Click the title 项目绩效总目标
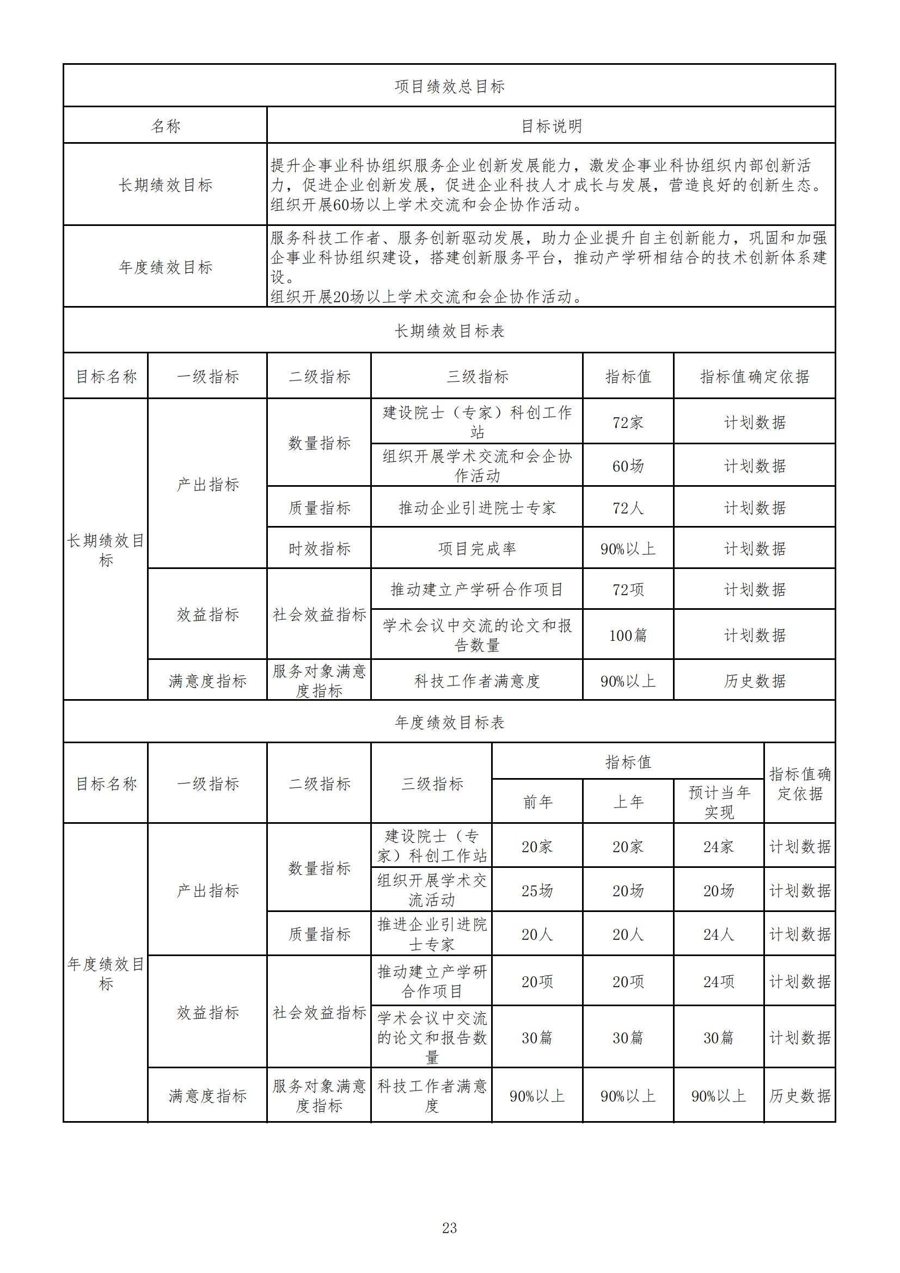click(449, 87)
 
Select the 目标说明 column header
click(550, 126)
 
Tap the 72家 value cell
click(628, 423)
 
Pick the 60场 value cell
click(628, 466)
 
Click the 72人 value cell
click(628, 508)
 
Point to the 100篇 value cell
click(628, 635)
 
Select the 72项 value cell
click(628, 589)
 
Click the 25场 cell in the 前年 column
click(537, 891)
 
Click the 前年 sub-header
click(537, 801)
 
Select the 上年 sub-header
click(628, 801)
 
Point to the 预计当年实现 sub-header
click(719, 801)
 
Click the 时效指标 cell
click(319, 549)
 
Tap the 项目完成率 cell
click(476, 549)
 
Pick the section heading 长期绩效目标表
click(449, 331)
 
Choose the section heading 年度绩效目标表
click(449, 723)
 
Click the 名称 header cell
click(166, 126)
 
